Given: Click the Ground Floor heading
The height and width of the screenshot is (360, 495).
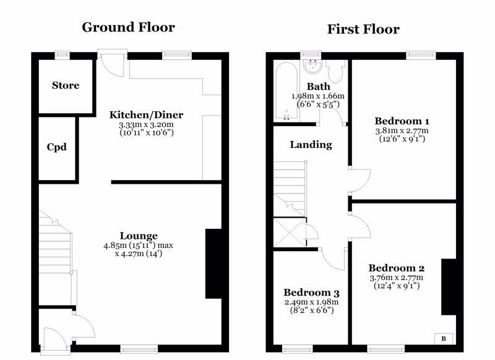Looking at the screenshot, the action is click(128, 27).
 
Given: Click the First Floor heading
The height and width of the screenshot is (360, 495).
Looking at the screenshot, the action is click(363, 29).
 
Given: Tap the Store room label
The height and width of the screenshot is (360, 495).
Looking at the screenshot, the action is click(66, 85).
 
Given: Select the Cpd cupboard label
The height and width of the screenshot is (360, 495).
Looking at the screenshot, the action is click(57, 147).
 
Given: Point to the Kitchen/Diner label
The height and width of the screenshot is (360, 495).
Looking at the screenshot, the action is click(146, 114).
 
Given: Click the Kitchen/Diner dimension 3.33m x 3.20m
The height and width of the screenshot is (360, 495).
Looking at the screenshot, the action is click(146, 124).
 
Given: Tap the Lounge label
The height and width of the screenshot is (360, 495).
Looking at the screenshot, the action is click(139, 236).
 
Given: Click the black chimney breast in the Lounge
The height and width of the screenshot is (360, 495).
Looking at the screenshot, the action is click(213, 264).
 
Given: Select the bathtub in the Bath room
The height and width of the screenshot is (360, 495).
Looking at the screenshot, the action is click(286, 91).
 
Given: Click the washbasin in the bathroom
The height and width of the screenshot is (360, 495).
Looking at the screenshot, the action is click(313, 67).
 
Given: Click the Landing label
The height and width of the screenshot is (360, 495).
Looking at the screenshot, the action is click(311, 145).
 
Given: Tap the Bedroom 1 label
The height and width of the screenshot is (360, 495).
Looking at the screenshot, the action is click(402, 121).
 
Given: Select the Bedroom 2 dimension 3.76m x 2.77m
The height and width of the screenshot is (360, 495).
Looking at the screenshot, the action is click(397, 278).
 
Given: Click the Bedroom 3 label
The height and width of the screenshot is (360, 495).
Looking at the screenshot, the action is click(311, 293).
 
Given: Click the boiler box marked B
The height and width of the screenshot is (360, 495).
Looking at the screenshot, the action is click(444, 339).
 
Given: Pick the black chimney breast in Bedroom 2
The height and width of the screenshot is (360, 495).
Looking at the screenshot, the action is click(449, 287).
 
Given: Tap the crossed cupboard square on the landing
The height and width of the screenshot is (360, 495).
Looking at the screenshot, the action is click(289, 232).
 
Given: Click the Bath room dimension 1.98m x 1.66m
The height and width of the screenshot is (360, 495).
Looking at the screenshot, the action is click(318, 96).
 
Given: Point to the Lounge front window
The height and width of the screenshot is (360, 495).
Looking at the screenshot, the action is click(139, 349).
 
